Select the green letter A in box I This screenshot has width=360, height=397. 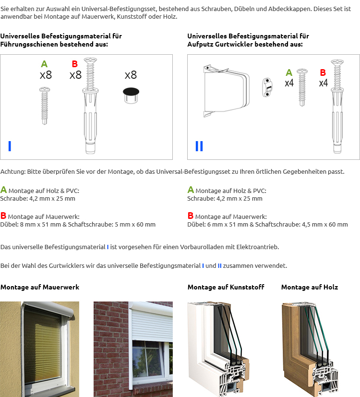click(45, 64)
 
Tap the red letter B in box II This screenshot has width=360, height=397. click(323, 72)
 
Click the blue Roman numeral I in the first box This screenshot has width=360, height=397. click(10, 146)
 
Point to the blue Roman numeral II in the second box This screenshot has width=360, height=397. click(199, 146)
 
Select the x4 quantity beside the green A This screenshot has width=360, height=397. click(289, 83)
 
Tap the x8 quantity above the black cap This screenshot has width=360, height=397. click(131, 75)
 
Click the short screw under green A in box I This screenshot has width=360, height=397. click(45, 105)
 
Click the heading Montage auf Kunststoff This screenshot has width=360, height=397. click(226, 287)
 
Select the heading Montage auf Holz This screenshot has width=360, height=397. click(310, 287)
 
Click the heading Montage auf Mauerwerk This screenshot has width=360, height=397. click(40, 287)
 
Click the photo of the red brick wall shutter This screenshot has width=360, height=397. click(133, 349)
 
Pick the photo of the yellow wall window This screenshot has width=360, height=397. click(40, 349)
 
